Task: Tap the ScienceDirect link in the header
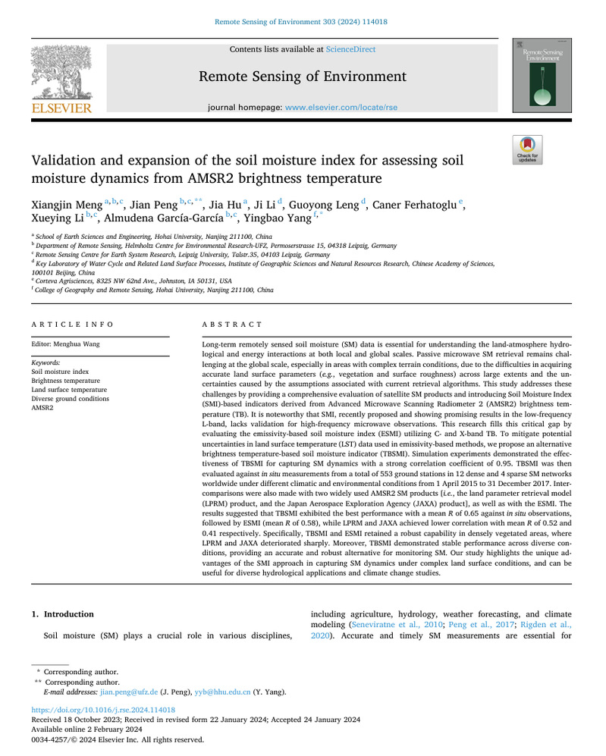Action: click(350, 49)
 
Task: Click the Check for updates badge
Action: click(527, 149)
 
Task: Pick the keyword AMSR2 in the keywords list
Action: click(42, 408)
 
